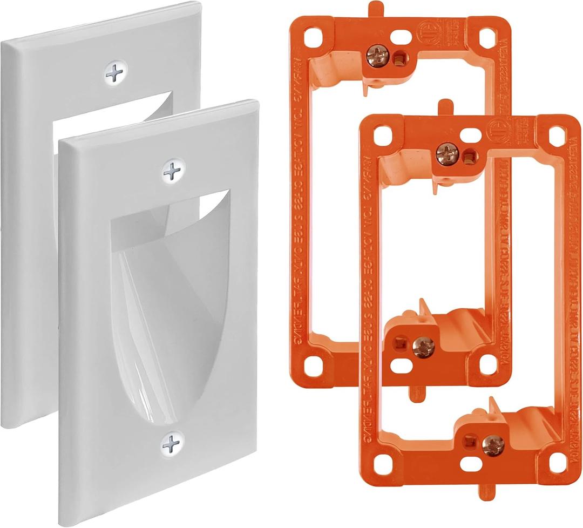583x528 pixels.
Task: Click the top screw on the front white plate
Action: (172, 171)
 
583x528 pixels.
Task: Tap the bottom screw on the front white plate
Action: (172, 444)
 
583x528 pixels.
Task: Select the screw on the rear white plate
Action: (114, 73)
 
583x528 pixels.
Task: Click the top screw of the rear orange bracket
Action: (374, 55)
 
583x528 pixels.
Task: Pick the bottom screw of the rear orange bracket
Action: (423, 347)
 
